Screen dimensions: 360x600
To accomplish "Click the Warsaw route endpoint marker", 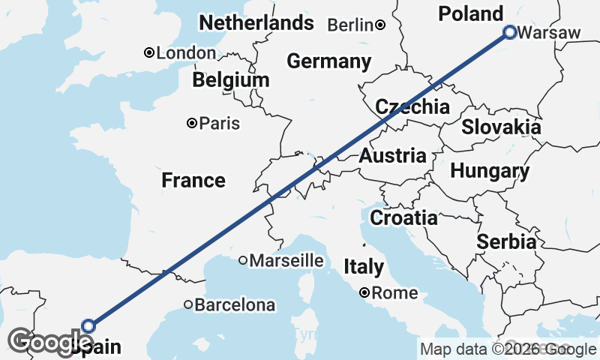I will (510, 32).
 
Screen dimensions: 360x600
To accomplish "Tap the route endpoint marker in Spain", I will (88, 325).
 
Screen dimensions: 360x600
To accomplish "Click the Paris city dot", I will (193, 123).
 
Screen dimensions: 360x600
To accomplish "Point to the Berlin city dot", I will (381, 25).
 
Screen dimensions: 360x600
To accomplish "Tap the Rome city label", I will (394, 293).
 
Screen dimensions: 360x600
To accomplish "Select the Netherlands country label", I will (256, 23).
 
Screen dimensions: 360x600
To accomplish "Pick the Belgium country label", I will (230, 80).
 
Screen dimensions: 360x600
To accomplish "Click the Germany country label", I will (328, 61).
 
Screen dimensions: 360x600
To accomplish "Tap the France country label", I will (193, 181).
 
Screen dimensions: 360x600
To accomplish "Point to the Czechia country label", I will (412, 107).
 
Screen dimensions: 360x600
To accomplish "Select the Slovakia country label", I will (501, 127).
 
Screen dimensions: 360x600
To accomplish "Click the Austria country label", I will (392, 157).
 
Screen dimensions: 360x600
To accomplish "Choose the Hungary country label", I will (490, 171).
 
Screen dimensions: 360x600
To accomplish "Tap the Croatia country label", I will (404, 218).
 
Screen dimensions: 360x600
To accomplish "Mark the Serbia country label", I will (507, 242).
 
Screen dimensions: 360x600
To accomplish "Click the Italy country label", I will (364, 266).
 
